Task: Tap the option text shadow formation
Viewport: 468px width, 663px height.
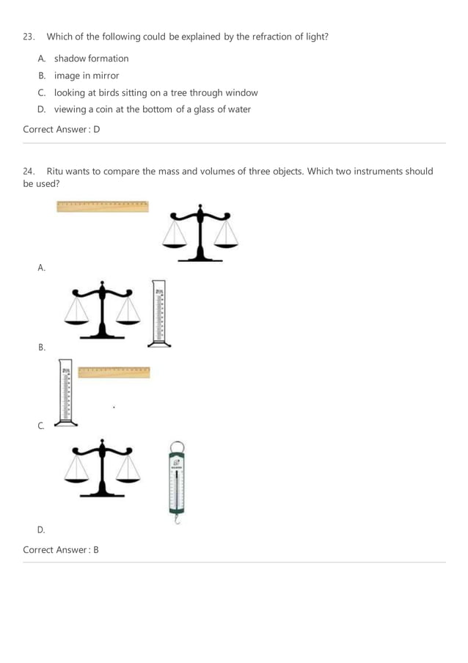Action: pyautogui.click(x=91, y=59)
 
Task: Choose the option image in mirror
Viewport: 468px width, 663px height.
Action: pyautogui.click(x=87, y=76)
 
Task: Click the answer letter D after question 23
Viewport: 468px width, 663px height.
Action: pyautogui.click(x=97, y=130)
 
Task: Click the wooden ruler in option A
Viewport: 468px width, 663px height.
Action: pyautogui.click(x=103, y=207)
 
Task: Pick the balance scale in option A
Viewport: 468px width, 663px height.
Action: pyautogui.click(x=200, y=234)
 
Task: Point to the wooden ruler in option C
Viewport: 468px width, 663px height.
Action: pyautogui.click(x=114, y=372)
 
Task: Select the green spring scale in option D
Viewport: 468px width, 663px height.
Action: pyautogui.click(x=177, y=480)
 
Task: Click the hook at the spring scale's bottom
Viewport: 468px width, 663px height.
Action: pyautogui.click(x=177, y=519)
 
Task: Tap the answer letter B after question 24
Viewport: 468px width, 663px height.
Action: pyautogui.click(x=95, y=550)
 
